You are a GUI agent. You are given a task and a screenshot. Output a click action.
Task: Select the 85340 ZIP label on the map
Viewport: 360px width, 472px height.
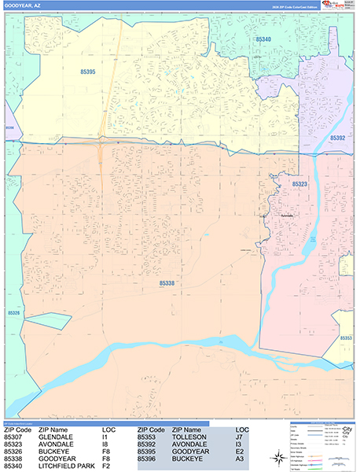click(x=264, y=39)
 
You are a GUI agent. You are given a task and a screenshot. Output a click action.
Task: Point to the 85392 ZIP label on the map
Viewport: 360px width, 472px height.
click(x=338, y=138)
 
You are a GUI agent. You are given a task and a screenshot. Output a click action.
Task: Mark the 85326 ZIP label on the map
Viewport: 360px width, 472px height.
click(x=13, y=312)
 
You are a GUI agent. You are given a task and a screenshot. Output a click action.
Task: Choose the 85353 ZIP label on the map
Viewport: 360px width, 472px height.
click(x=346, y=337)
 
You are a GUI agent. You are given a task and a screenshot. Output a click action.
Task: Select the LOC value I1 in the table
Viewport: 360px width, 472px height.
click(x=106, y=437)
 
